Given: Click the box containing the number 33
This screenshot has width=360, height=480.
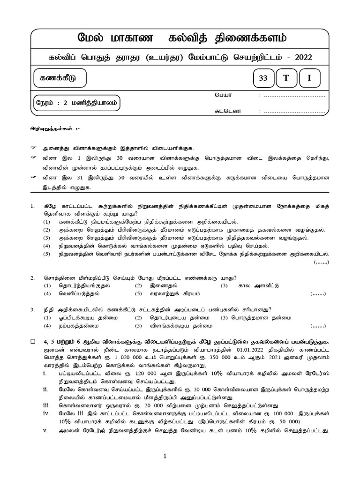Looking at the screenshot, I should pos(263,79).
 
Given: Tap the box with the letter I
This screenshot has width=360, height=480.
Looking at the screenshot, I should pos(308,79).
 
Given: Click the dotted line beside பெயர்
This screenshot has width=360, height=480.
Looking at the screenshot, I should pos(295,96).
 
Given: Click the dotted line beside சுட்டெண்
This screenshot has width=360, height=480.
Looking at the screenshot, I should pos(295,112).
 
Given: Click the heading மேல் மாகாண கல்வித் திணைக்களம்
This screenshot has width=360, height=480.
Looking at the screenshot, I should pos(181,37).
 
